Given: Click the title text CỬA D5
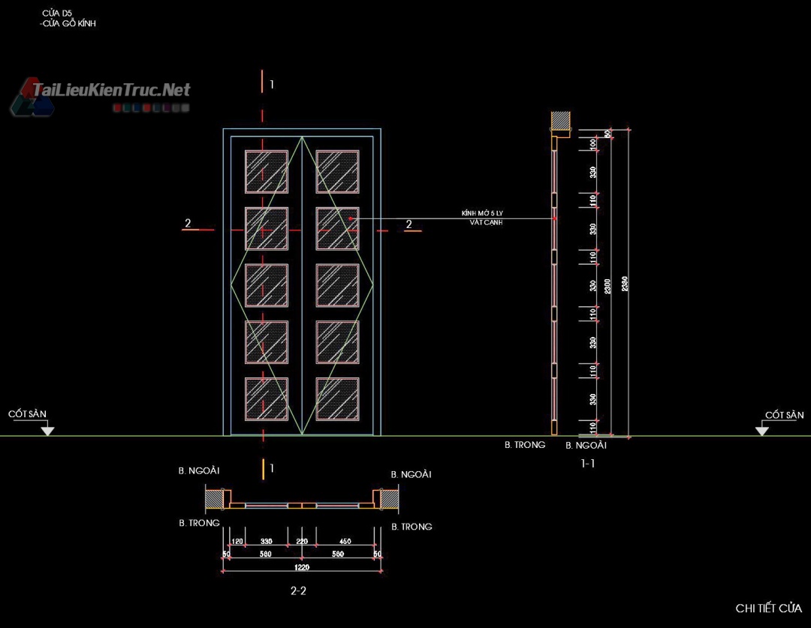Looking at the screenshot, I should click(x=57, y=13).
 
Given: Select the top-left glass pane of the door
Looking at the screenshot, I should click(x=266, y=172).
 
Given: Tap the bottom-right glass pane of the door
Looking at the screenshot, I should click(x=337, y=398).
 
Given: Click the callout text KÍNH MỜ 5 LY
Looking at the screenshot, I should click(x=482, y=214).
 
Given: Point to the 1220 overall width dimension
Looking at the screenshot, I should click(x=301, y=568).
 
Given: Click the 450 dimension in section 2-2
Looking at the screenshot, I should click(x=345, y=541).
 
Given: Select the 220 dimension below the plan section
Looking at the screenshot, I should click(x=302, y=541).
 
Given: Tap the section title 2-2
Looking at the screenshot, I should click(x=298, y=590).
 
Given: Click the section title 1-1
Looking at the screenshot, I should click(x=588, y=464).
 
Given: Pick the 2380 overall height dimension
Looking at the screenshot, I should click(x=625, y=284).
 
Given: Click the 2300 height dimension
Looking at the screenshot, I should click(x=607, y=284).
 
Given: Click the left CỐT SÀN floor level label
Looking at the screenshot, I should click(x=28, y=414).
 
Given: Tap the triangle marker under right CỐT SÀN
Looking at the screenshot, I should click(x=762, y=430).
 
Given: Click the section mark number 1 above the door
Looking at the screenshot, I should click(x=272, y=85).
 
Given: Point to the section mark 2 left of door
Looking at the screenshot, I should click(x=188, y=223).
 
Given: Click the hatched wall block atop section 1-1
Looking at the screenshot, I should click(x=561, y=121).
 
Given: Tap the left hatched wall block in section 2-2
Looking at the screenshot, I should click(x=215, y=497).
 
